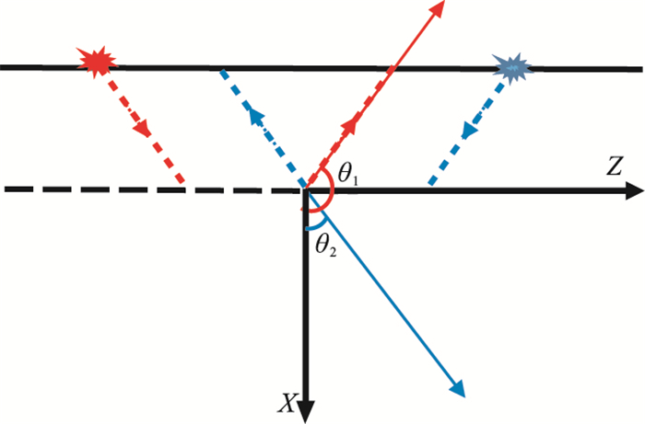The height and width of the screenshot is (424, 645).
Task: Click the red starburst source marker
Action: (x=97, y=61)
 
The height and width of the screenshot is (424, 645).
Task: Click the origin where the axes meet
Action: (x=306, y=190)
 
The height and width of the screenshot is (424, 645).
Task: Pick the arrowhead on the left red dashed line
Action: (x=143, y=129)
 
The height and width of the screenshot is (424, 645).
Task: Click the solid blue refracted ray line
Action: (x=387, y=294)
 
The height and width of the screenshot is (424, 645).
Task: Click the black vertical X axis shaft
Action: (x=306, y=304)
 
